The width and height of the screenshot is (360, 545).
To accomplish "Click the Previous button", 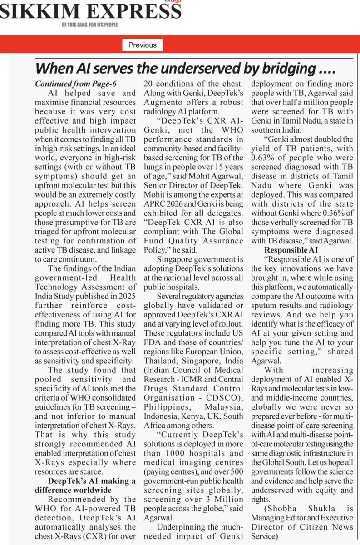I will (x=142, y=45).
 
